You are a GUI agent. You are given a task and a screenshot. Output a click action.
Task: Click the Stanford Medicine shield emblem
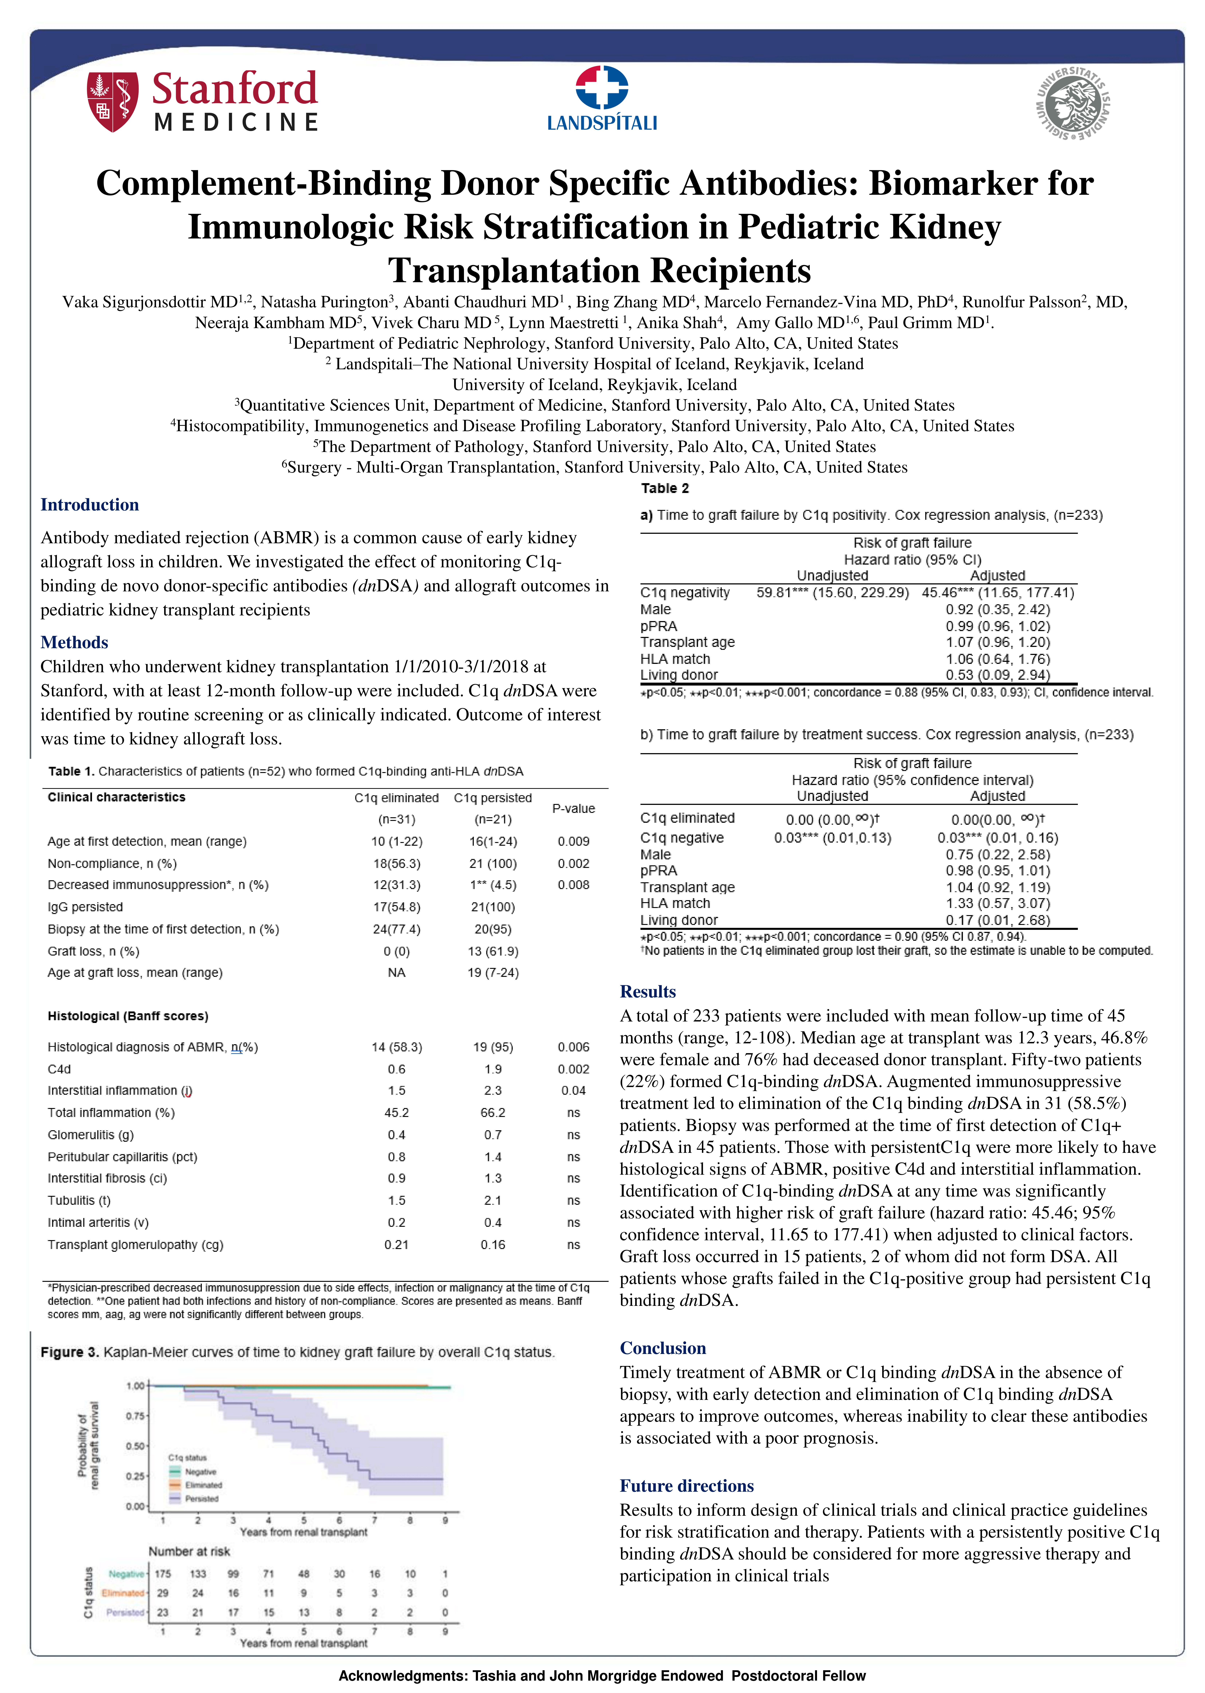click(x=112, y=102)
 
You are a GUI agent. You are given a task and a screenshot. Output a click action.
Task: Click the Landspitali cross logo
click(x=602, y=88)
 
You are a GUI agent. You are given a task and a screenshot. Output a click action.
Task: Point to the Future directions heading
click(x=686, y=1486)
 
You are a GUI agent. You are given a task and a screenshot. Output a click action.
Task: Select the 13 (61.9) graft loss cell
click(x=493, y=951)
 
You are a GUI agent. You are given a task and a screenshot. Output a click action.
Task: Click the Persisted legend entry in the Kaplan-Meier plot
click(x=201, y=1499)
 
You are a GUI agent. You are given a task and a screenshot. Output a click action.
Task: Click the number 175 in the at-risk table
click(x=162, y=1573)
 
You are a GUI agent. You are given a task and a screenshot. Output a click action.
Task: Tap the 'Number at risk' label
click(x=189, y=1551)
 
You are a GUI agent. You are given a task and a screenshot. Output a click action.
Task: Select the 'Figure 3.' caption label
click(x=70, y=1353)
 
